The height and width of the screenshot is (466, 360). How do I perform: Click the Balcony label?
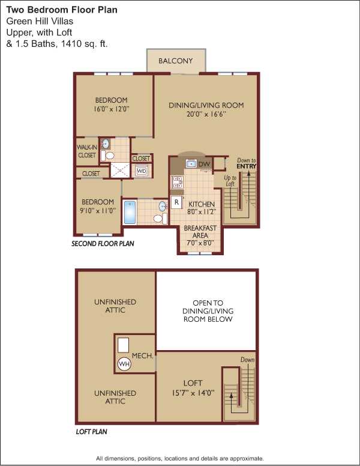[x=176, y=61]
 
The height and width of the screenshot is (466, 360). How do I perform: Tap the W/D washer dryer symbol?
[x=142, y=171]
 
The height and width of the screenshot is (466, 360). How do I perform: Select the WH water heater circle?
[x=124, y=364]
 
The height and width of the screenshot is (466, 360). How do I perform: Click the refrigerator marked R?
[x=176, y=202]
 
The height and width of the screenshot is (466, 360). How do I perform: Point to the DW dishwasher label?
[x=204, y=164]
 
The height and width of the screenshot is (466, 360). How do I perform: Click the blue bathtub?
[x=130, y=212]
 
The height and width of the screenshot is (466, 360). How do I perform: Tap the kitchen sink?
[x=191, y=163]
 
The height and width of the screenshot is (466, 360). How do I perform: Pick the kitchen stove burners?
[x=178, y=182]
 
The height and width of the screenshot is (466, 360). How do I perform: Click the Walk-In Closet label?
[x=87, y=151]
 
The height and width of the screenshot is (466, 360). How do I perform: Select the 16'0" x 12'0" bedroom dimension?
[x=112, y=109]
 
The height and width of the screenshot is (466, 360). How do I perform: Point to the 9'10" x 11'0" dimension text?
[x=98, y=211]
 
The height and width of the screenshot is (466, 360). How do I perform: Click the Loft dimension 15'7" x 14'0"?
[x=193, y=393]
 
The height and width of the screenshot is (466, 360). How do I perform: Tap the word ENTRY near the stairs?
[x=246, y=166]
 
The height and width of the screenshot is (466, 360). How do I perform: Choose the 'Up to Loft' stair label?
[x=230, y=181]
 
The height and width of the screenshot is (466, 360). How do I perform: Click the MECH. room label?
[x=143, y=356]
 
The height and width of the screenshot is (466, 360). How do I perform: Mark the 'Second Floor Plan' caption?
[x=103, y=244]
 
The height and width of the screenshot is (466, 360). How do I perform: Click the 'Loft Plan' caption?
[x=91, y=432]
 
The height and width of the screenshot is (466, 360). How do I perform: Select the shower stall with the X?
[x=120, y=171]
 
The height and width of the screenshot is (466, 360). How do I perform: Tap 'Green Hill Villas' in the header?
[x=40, y=21]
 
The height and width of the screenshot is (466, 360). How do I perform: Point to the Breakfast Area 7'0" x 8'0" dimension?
[x=200, y=243]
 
